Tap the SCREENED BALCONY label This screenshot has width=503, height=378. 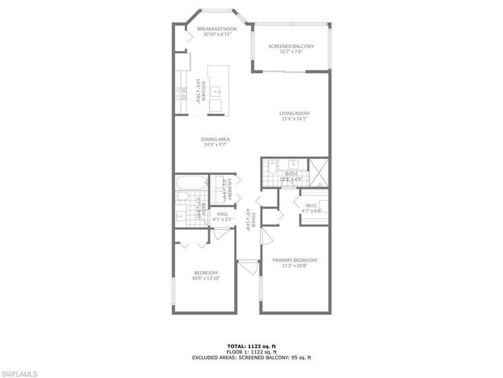click(291, 46)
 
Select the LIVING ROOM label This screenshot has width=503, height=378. click(294, 113)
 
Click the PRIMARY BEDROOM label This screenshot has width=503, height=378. click(295, 260)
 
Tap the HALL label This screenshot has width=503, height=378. click(222, 213)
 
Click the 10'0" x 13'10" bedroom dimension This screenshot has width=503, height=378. click(205, 278)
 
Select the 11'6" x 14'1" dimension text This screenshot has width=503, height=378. click(294, 119)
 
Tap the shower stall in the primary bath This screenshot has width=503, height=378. click(318, 171)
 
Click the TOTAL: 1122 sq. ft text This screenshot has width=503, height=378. click(252, 345)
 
